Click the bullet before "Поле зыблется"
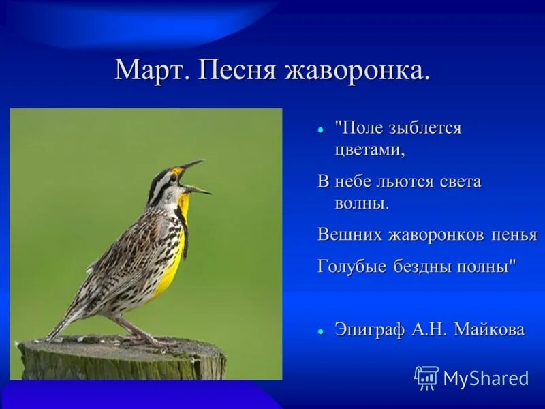point(320,129)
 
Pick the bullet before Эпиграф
point(320,331)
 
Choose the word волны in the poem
point(361,203)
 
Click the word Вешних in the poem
point(349,235)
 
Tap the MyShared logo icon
point(426,377)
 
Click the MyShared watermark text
point(485,378)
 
